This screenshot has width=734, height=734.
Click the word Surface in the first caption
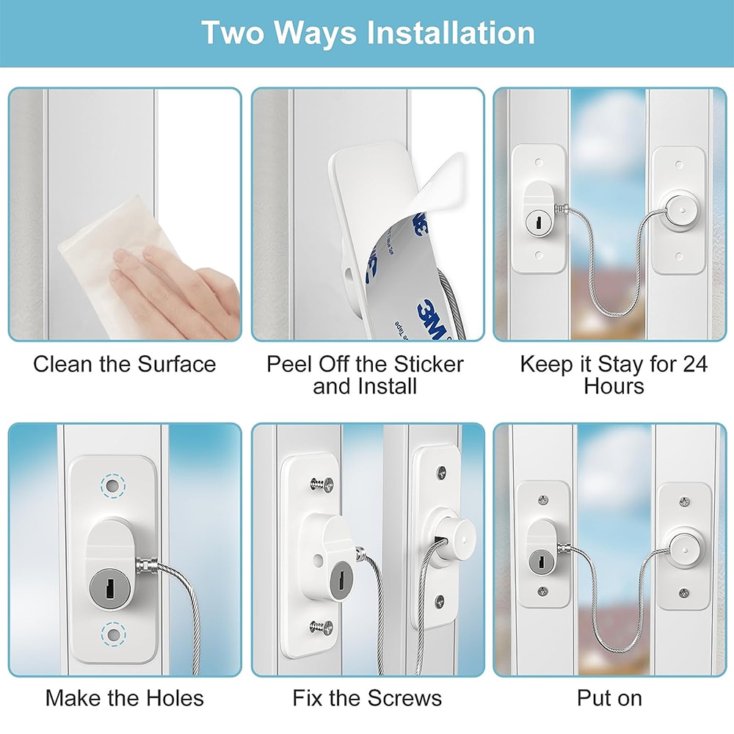(176, 364)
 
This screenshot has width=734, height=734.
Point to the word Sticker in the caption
(429, 364)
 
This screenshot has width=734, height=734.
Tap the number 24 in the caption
(694, 364)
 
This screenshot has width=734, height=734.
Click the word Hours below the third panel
(614, 387)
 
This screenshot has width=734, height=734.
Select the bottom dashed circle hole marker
(113, 634)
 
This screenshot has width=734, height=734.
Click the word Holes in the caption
(175, 699)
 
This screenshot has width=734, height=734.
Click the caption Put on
(609, 699)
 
